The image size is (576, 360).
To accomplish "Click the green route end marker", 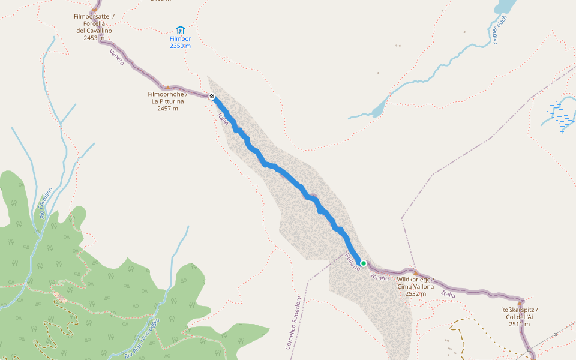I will coord(363,263).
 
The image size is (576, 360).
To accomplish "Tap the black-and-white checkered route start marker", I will coord(212,96).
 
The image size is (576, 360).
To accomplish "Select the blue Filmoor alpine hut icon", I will coord(180,31).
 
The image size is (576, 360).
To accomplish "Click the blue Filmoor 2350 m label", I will coord(180,46).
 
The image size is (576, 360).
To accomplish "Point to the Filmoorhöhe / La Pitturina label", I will coord(167,101).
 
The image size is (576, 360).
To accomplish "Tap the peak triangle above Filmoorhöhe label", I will coord(167,88).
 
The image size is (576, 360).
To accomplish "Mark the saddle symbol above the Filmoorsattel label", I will coord(94,10).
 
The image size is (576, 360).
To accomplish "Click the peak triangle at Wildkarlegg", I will coord(415,273).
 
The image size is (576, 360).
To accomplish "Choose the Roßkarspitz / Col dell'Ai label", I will coord(520,317).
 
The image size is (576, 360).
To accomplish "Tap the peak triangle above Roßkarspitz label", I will coord(520,304).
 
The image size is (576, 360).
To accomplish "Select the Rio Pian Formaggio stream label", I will coord(142,337).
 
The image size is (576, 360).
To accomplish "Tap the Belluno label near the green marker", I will coord(352,261).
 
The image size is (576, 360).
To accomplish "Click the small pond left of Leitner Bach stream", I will coord(377,110).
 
